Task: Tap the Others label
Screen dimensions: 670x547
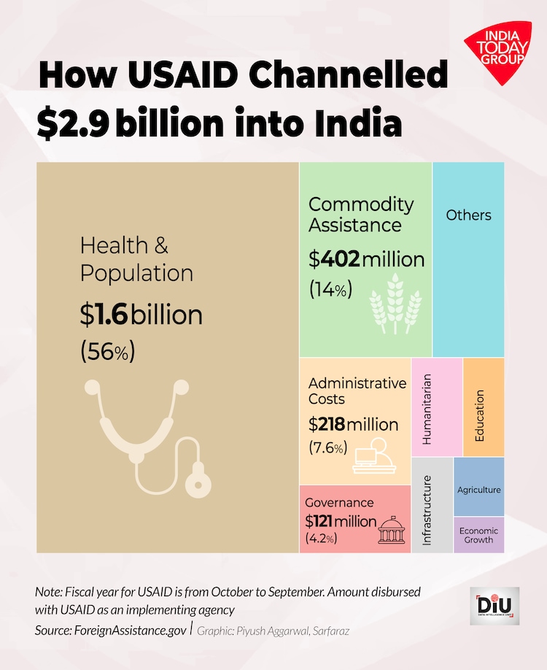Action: (x=468, y=215)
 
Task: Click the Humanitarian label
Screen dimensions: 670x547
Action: (x=427, y=409)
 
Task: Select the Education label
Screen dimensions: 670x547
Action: (x=480, y=415)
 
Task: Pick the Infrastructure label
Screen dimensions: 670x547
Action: (x=427, y=510)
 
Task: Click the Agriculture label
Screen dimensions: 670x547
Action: (x=478, y=490)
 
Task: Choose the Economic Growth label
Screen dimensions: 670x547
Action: (x=478, y=536)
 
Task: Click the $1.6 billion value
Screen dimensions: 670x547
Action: (x=141, y=315)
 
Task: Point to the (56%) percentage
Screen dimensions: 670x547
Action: (x=107, y=351)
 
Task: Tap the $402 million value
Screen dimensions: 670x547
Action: (x=366, y=259)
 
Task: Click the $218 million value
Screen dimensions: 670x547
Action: (x=353, y=424)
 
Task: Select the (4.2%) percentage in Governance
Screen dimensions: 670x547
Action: (x=321, y=539)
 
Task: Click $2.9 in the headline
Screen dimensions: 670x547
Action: (x=73, y=123)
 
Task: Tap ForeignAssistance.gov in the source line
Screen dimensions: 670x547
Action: (x=128, y=630)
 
